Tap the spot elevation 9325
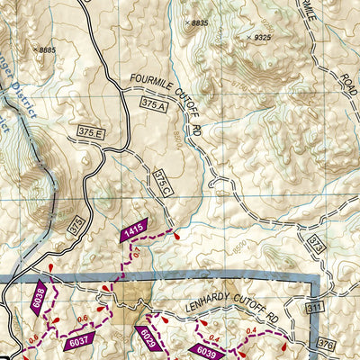(261, 37)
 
